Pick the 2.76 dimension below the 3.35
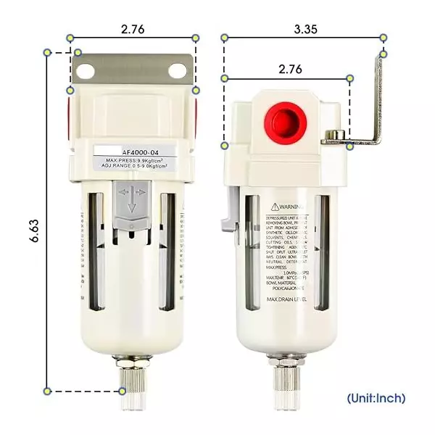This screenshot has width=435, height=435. point(289,69)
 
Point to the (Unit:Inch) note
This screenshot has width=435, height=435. point(376,398)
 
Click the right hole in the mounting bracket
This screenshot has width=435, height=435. point(178,71)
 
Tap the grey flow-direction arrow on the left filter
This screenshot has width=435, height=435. point(132,200)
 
